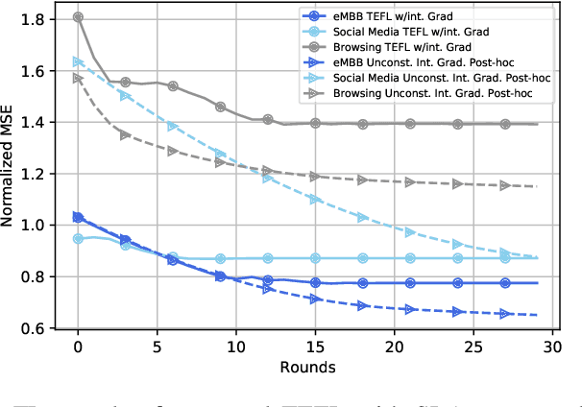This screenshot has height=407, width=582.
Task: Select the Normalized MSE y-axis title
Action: tap(11, 172)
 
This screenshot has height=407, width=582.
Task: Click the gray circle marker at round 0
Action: tap(78, 16)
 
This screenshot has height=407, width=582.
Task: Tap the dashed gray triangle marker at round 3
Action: tap(125, 135)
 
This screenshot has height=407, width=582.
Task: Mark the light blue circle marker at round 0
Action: tap(78, 238)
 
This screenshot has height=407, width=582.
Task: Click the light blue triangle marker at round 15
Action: tap(315, 199)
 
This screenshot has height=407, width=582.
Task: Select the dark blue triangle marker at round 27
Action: tap(504, 313)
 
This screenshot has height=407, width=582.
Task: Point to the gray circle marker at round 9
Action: tap(220, 107)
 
